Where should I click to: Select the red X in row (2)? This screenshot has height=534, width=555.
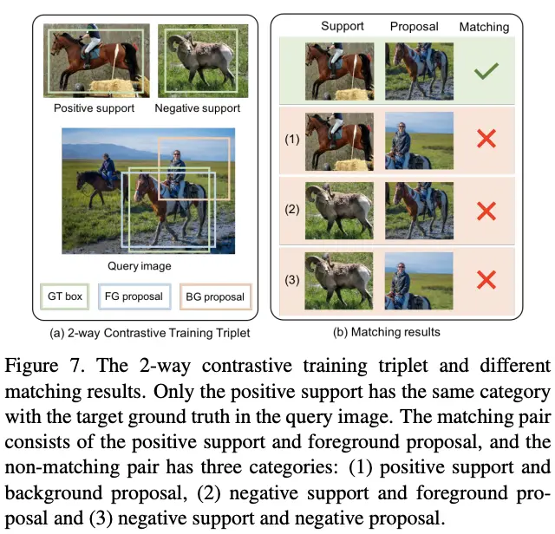click(x=486, y=210)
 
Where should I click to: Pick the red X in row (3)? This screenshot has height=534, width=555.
click(x=486, y=279)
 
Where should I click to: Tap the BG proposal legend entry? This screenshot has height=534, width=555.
click(x=214, y=297)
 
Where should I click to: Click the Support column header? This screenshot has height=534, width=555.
click(x=342, y=25)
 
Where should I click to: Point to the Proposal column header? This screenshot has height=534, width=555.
click(x=414, y=25)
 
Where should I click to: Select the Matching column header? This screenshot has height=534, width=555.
click(x=484, y=27)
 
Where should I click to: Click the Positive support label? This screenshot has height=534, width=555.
click(x=95, y=108)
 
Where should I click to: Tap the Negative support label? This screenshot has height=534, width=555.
click(x=197, y=108)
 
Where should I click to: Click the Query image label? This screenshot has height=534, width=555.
click(x=139, y=265)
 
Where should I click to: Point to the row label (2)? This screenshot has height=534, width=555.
click(x=292, y=209)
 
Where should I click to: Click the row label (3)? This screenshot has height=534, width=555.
click(x=292, y=279)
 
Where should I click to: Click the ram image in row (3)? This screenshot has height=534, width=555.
click(x=340, y=279)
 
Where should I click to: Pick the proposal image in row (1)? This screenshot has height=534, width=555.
click(x=419, y=140)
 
